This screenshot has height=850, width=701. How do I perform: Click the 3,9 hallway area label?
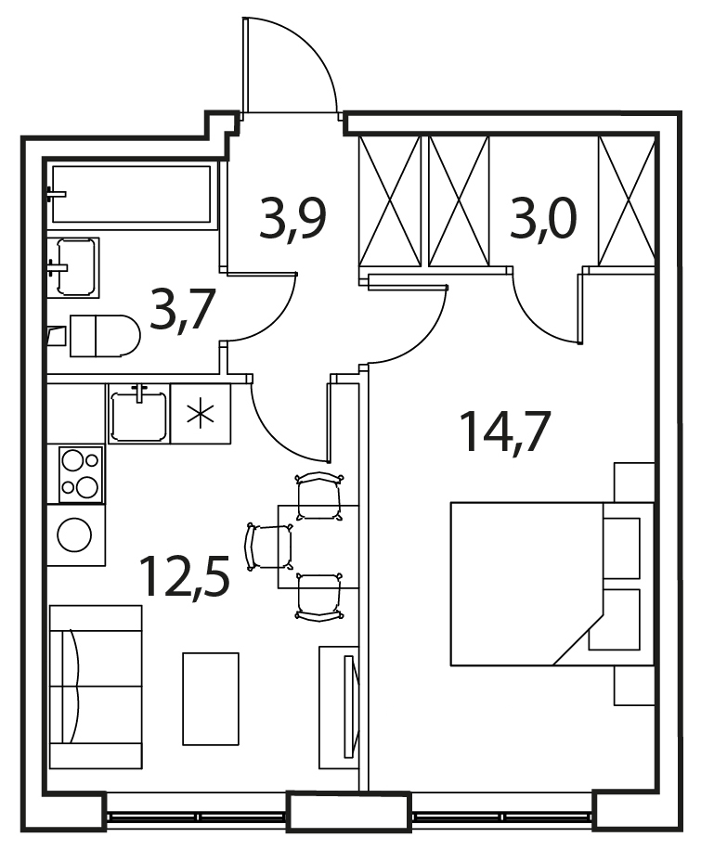tap(292, 218)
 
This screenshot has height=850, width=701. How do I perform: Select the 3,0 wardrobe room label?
tap(542, 218)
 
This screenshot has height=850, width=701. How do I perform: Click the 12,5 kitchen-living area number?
tap(185, 575)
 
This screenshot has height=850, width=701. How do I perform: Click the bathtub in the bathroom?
tap(131, 194)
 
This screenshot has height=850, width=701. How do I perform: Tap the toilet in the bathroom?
tap(104, 336)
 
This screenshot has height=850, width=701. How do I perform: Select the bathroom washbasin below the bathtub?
tap(73, 267)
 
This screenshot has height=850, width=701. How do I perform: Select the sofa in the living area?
tap(96, 687)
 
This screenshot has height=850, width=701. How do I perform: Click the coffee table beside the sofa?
tap(211, 699)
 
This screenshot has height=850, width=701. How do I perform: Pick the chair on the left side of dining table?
tap(269, 547)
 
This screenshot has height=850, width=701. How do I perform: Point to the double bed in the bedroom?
tap(552, 584)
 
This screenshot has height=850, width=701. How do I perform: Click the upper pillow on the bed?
tap(622, 548)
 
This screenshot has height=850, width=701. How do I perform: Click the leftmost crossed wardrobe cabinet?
tap(390, 201)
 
